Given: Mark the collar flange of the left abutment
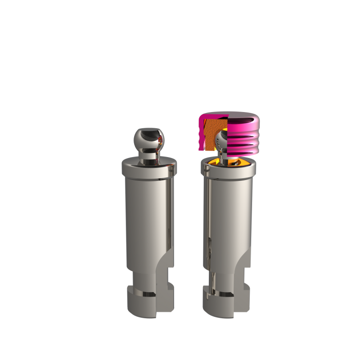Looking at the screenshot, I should (148, 169).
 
